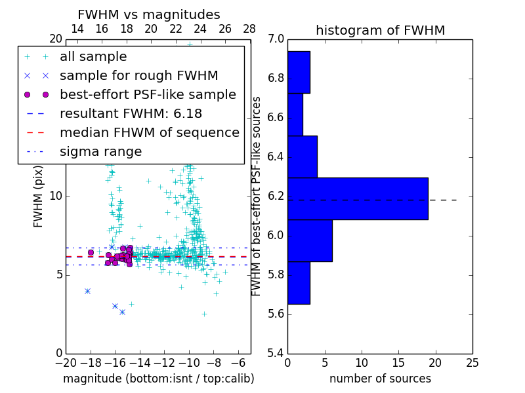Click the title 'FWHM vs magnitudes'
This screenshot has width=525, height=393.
click(149, 14)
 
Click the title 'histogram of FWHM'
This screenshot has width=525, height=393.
click(380, 30)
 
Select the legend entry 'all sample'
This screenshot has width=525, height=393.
click(93, 57)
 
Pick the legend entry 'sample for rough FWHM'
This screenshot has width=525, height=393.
click(138, 76)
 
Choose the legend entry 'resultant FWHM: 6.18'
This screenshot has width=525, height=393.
click(131, 114)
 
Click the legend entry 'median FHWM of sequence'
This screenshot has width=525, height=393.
click(149, 133)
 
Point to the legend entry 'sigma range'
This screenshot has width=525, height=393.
click(100, 152)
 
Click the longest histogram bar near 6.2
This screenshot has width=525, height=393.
click(358, 198)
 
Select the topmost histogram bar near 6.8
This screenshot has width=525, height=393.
click(299, 72)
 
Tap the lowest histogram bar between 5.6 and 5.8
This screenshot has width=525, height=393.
click(299, 282)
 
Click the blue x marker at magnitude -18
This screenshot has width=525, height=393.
click(87, 291)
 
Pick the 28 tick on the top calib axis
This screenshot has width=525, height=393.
click(250, 29)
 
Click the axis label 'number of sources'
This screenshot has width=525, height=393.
click(380, 379)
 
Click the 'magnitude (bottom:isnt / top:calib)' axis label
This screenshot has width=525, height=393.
click(158, 379)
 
